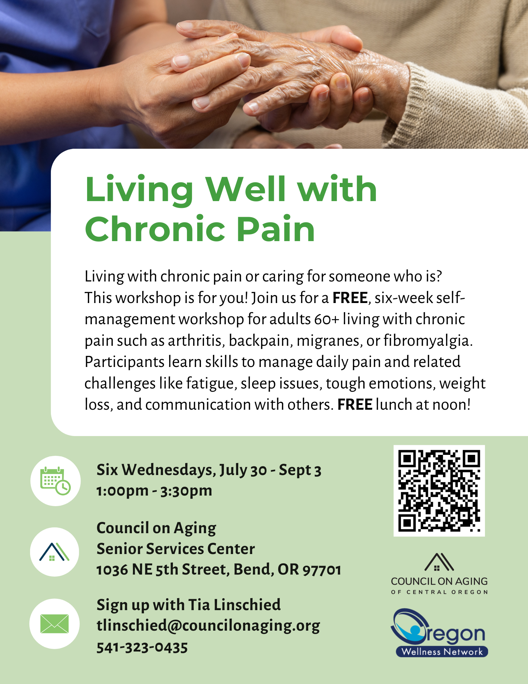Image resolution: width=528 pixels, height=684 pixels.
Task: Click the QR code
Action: [439, 491]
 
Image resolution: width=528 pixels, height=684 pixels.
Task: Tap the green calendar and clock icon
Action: [55, 481]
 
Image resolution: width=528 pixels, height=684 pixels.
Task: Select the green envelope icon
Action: [54, 623]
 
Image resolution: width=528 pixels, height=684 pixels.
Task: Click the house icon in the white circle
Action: [54, 552]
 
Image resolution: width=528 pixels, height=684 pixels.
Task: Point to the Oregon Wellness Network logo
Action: [439, 633]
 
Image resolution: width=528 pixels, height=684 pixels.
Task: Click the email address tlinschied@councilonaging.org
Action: [208, 626]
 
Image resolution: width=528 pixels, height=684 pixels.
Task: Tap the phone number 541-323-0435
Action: [142, 647]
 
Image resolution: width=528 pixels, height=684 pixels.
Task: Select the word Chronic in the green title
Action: [155, 229]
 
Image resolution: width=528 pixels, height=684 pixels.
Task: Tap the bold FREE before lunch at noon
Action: [355, 405]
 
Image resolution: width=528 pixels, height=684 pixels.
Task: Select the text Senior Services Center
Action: [176, 549]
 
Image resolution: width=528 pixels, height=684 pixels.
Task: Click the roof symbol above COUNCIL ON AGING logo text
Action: [439, 562]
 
